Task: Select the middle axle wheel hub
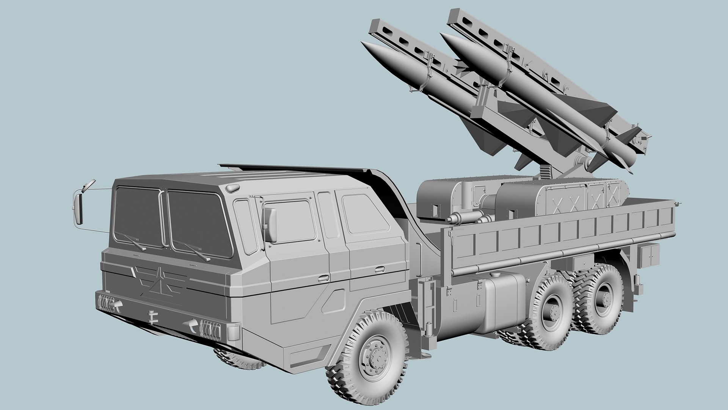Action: click(x=552, y=311)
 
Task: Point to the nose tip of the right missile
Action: click(x=441, y=34)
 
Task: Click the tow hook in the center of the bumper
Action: click(x=152, y=316)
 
